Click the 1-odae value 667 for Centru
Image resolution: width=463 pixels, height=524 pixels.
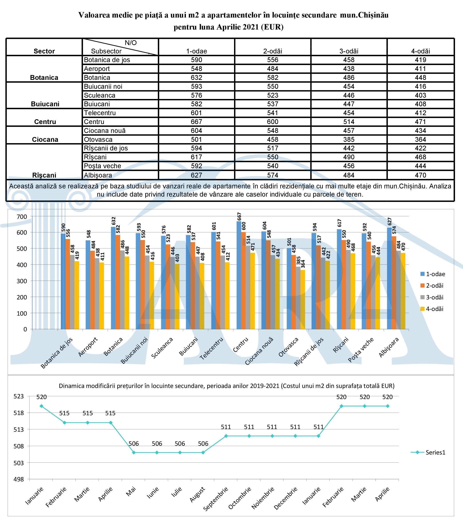tap(197, 122)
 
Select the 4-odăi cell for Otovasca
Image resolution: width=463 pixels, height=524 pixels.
tap(420, 139)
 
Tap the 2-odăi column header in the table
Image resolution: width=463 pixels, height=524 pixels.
tap(273, 51)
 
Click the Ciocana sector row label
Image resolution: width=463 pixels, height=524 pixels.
tap(45, 139)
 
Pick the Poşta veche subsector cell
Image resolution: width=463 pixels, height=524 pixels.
tap(102, 166)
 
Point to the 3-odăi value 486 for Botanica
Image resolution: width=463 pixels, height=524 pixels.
tap(349, 77)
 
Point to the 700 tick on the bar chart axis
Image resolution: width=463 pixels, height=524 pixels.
tap(22, 217)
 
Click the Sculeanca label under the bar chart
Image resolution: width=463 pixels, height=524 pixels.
tap(162, 348)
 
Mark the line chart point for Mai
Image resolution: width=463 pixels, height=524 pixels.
tap(134, 453)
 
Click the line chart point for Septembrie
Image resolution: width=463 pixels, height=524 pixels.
tap(226, 436)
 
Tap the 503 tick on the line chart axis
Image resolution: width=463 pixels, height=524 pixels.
tap(18, 463)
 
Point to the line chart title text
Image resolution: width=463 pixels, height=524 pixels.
tap(227, 386)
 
